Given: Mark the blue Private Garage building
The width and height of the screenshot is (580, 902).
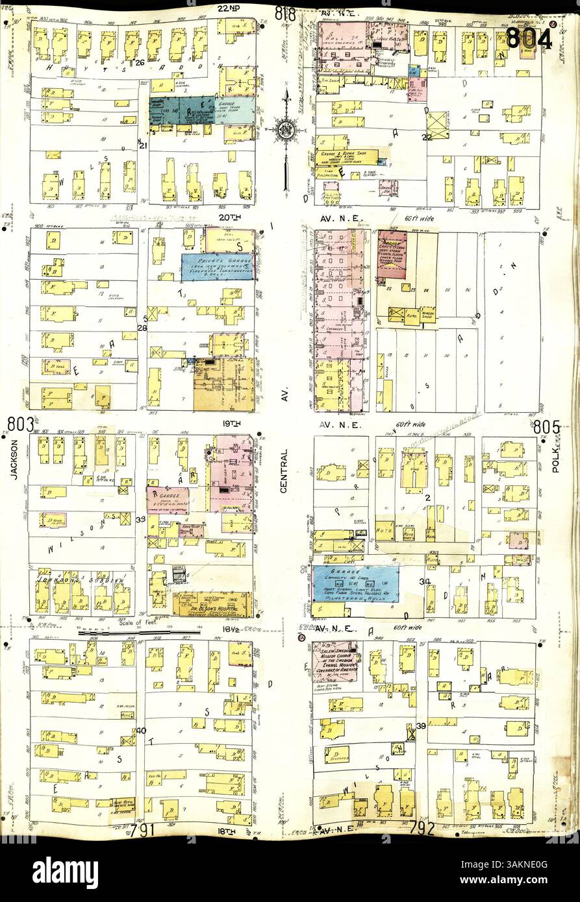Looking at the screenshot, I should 216,266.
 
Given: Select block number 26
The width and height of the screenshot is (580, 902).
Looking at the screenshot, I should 140,63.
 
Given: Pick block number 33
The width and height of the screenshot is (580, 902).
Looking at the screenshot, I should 140,519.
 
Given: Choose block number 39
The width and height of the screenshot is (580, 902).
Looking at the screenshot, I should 421,725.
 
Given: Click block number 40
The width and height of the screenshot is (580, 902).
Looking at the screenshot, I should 141,731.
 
